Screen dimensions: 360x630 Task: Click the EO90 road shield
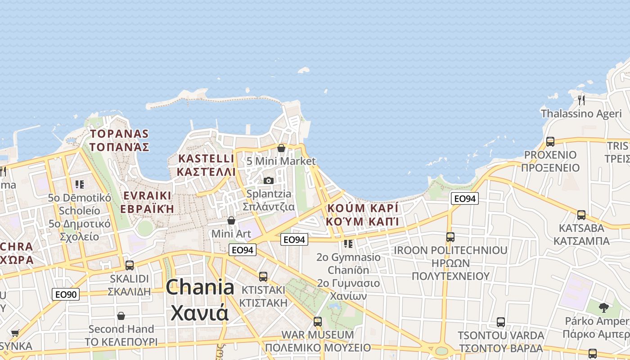point(66,295)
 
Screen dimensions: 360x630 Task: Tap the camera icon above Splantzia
point(269,180)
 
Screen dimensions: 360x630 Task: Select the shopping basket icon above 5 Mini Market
point(281,148)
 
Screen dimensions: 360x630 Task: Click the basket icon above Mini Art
point(231,220)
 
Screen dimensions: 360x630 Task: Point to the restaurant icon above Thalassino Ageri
point(581,99)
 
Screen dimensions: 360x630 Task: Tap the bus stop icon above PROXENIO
point(550,142)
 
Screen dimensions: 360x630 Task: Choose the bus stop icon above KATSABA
point(581,215)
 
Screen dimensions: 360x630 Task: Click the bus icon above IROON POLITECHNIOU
point(450,237)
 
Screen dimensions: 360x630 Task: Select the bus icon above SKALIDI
point(130,265)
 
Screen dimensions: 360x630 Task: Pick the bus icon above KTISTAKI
point(263,276)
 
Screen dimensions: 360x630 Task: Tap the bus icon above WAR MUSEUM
point(318,322)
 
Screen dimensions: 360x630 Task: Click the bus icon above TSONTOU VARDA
point(501,322)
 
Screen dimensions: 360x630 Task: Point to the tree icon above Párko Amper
point(603,308)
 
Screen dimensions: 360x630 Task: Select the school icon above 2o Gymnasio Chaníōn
point(348,244)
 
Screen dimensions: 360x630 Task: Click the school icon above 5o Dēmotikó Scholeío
point(80,184)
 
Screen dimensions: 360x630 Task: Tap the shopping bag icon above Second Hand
point(121,316)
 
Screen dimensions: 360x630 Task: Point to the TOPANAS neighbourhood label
point(119,134)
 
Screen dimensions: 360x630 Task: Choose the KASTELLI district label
point(206,159)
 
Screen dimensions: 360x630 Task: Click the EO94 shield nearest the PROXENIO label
point(464,198)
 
